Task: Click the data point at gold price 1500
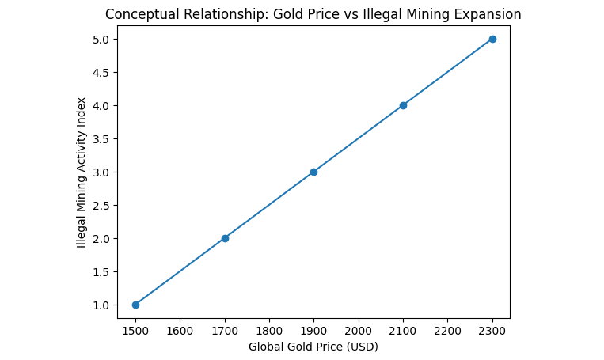[135, 305]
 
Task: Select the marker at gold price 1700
[225, 238]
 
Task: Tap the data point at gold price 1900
[313, 172]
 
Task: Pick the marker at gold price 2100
[403, 105]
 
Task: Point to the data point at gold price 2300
[492, 39]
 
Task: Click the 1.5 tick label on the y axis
[101, 271]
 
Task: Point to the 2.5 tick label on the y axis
[101, 205]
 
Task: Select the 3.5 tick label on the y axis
[101, 138]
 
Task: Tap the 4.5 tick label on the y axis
[101, 72]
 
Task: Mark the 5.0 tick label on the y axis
[101, 39]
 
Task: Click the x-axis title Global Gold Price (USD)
[313, 347]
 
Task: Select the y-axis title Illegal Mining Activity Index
[82, 172]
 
